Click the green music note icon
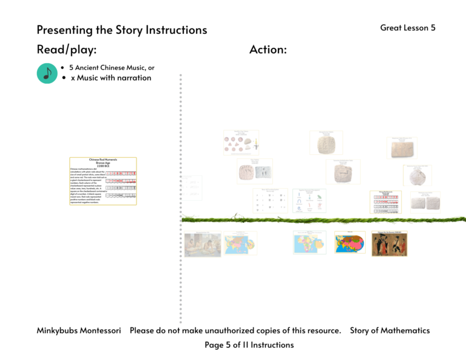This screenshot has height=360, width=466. (x=47, y=73)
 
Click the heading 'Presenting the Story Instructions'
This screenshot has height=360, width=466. (x=121, y=30)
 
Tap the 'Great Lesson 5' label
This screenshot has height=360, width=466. (x=408, y=28)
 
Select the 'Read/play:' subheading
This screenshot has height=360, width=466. (x=67, y=50)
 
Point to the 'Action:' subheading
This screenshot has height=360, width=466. (x=268, y=50)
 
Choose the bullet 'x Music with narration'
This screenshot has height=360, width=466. (x=110, y=78)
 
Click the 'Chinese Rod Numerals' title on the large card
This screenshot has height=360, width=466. (x=103, y=160)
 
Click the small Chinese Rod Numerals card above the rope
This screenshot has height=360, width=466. (x=385, y=202)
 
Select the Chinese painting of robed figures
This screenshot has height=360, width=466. (x=388, y=243)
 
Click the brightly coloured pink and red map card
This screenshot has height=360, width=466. (x=349, y=243)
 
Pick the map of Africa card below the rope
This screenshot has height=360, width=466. (x=309, y=243)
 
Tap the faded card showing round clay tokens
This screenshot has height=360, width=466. (x=241, y=143)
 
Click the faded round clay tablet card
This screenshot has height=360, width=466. (x=417, y=175)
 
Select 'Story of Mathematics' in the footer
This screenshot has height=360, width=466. (x=390, y=331)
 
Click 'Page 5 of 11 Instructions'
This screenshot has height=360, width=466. (x=249, y=345)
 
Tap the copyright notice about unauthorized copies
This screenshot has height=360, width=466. (x=235, y=331)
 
